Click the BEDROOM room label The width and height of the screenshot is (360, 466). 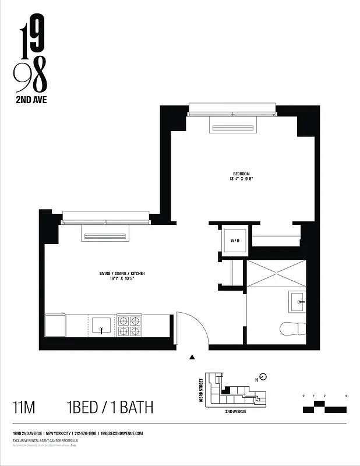click(x=241, y=174)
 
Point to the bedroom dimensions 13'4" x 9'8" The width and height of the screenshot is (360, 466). click(x=241, y=179)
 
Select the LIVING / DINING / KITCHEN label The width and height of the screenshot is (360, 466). click(x=121, y=273)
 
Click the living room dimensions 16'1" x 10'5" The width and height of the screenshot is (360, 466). click(x=121, y=280)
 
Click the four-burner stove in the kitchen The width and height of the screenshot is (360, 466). click(x=129, y=326)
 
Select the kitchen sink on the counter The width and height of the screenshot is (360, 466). click(x=101, y=325)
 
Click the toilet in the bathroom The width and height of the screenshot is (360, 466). click(x=292, y=329)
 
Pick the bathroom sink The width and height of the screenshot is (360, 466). click(x=297, y=302)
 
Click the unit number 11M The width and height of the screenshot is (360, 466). click(x=24, y=407)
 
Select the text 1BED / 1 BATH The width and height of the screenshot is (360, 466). click(x=110, y=407)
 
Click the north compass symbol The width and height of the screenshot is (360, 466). click(x=263, y=376)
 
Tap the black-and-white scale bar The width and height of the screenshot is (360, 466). click(x=325, y=407)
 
